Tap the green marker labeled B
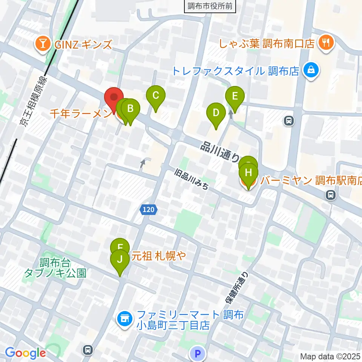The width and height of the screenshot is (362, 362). (x=130, y=109)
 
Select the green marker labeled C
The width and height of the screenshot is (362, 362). (x=155, y=96)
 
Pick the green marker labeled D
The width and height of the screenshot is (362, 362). (x=216, y=113)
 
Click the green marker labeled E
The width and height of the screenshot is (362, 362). (x=235, y=97)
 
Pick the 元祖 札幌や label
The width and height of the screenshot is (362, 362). (x=159, y=256)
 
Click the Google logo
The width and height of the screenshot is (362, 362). (x=26, y=353)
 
